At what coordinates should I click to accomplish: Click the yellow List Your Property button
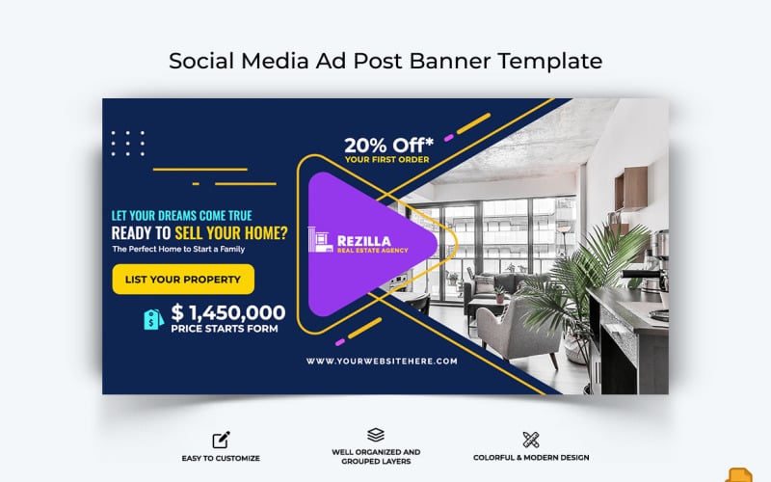pos(183,279)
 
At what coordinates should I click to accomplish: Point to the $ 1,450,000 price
pos(228,311)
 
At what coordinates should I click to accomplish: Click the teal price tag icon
pos(153,319)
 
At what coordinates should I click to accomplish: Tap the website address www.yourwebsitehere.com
pos(382,361)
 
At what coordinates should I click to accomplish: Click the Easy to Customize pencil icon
pos(222,440)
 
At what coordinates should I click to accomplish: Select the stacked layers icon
pos(376,435)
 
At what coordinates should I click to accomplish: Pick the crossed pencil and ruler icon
pos(530,440)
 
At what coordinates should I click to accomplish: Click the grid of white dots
pos(127,144)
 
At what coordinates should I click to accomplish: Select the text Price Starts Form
pos(224,329)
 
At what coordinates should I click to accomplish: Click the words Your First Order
pos(385,160)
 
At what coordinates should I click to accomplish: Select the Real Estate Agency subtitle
pos(372,251)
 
